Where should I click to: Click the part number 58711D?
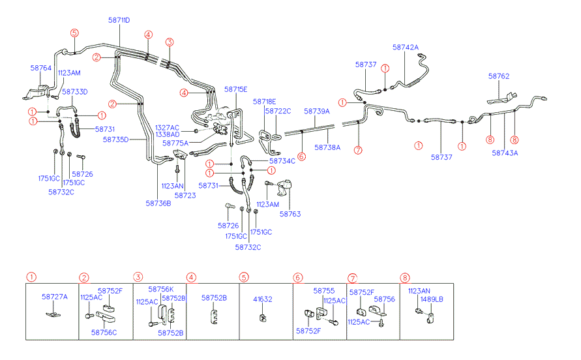[x=119, y=20]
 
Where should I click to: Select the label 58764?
[x=40, y=67]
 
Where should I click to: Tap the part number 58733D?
[x=74, y=92]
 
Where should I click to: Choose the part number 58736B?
[x=158, y=203]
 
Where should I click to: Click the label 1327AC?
[x=168, y=127]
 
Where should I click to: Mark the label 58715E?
[x=236, y=89]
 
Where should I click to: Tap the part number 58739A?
[x=317, y=112]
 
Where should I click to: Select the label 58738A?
[x=327, y=147]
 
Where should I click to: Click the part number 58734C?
[x=282, y=160]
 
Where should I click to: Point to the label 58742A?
[x=406, y=48]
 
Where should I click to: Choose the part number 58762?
[x=499, y=76]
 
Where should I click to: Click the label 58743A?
[x=505, y=153]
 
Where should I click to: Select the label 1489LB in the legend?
[x=432, y=299]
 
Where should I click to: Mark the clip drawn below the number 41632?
[x=262, y=317]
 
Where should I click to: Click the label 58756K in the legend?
[x=161, y=289]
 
